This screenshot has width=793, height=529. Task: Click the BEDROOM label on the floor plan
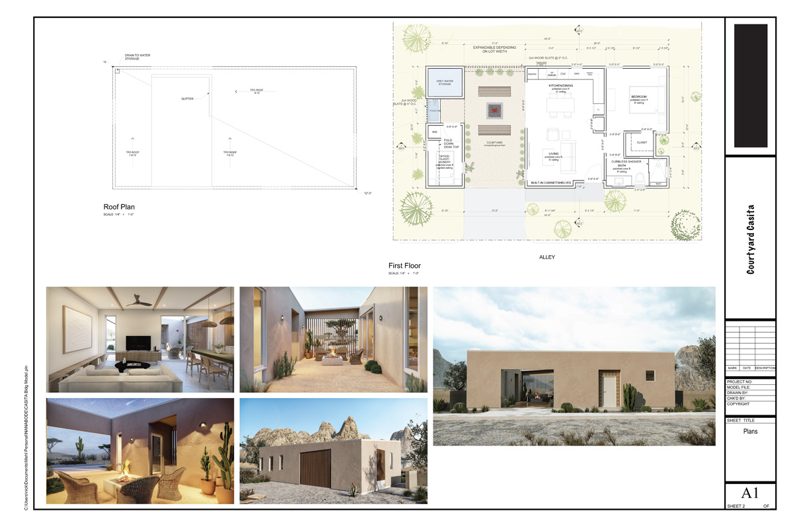coord(638,97)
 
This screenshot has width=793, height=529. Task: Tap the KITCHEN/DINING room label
coord(559,86)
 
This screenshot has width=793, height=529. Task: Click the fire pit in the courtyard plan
coord(495,109)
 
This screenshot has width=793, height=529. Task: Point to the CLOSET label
coord(642,142)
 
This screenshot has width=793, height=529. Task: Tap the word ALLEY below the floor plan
coord(546,257)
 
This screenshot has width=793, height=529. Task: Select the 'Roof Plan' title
coord(119,207)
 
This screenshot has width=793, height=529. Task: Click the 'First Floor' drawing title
coord(404,266)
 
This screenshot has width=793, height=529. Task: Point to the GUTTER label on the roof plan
coord(187,99)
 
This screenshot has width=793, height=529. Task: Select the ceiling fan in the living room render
coord(140,300)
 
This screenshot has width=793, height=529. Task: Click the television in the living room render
coord(137,343)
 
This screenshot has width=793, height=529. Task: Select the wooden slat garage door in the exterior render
coord(315,469)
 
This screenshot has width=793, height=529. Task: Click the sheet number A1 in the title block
coord(750,493)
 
